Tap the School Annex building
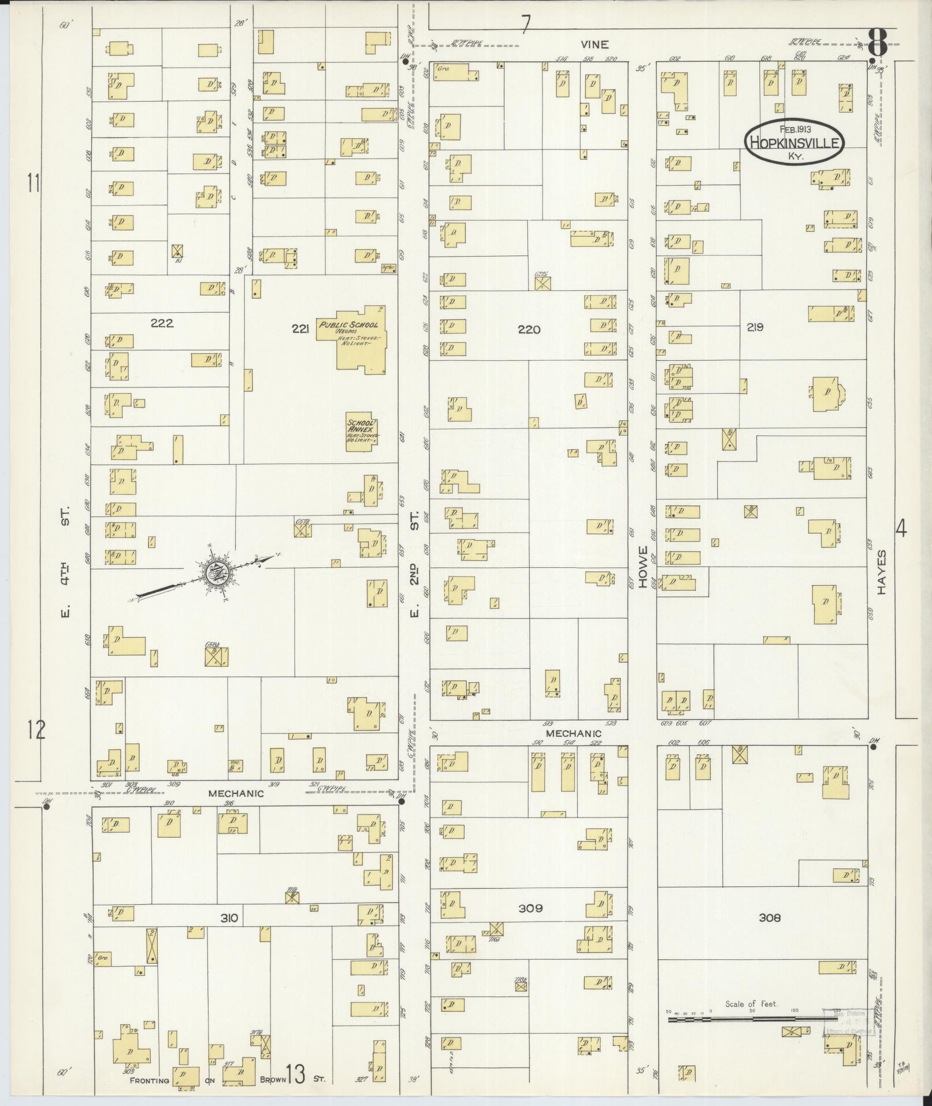(362, 431)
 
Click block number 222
(162, 323)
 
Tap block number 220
(529, 330)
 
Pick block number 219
(755, 327)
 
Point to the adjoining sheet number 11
(34, 183)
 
